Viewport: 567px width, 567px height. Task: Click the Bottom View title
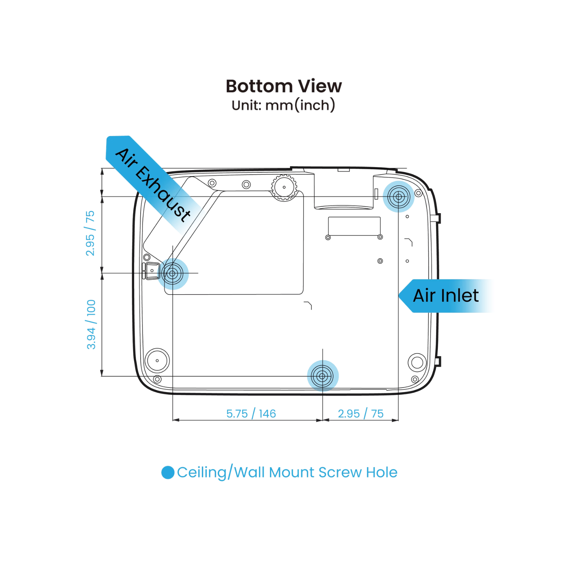click(x=283, y=86)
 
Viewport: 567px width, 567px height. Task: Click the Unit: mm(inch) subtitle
click(x=283, y=105)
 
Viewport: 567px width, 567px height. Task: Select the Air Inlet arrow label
click(x=446, y=296)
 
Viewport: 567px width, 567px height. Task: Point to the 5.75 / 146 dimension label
click(x=251, y=414)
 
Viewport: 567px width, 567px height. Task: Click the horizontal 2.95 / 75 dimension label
click(x=361, y=414)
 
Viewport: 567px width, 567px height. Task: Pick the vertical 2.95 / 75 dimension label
click(x=90, y=233)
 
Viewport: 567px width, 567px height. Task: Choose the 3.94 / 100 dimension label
click(x=91, y=324)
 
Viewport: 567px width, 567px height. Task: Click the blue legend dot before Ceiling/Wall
click(x=168, y=472)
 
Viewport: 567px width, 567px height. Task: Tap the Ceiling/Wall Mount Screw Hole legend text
click(x=287, y=472)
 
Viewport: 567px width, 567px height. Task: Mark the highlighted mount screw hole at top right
click(x=398, y=197)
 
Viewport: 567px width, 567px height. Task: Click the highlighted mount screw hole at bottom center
click(x=322, y=376)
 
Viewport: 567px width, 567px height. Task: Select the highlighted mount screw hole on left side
click(x=173, y=274)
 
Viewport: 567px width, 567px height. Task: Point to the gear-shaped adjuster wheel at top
click(x=284, y=187)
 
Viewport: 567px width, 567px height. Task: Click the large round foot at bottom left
click(x=157, y=361)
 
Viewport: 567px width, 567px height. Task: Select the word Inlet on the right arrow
click(x=460, y=296)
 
